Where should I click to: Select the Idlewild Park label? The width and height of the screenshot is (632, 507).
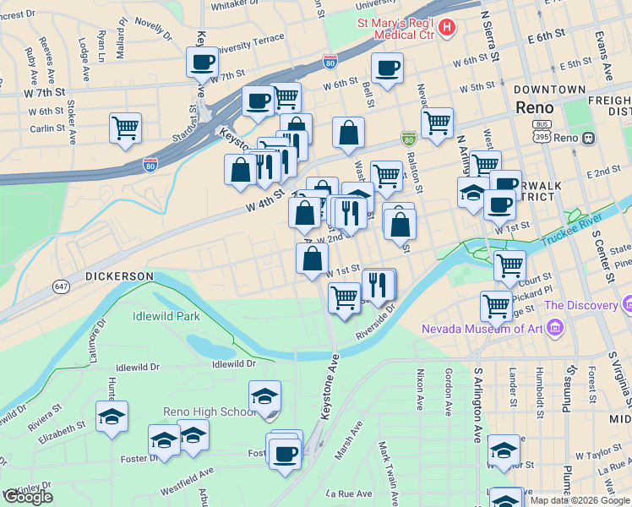pos(166,317)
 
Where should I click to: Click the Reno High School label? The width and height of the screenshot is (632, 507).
pos(208,412)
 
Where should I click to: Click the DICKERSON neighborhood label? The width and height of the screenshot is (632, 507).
pos(119,275)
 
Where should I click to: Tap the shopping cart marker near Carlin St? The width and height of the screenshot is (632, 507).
pos(125,128)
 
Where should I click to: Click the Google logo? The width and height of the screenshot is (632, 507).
pos(29,497)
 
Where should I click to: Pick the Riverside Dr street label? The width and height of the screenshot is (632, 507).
pos(375,323)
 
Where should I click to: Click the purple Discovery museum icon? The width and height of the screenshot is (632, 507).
pos(626,303)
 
